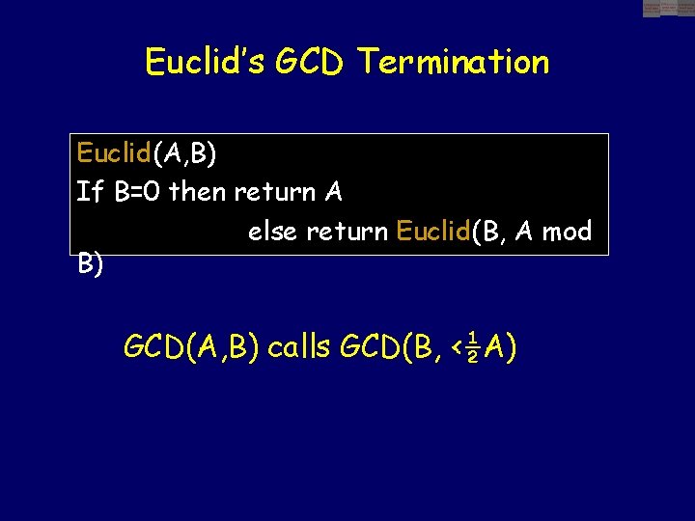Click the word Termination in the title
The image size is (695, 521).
click(x=453, y=62)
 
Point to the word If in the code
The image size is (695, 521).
click(x=89, y=192)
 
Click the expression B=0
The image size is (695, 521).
click(x=138, y=192)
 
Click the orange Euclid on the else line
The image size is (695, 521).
click(x=431, y=232)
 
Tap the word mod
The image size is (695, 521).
click(x=567, y=232)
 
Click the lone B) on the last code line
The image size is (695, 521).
click(x=91, y=265)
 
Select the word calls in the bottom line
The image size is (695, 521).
click(x=300, y=345)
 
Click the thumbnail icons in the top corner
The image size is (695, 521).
click(x=668, y=8)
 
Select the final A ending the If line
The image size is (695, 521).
click(x=333, y=192)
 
